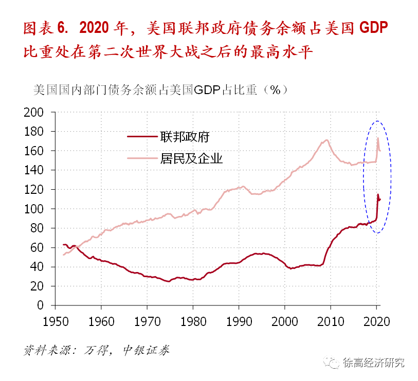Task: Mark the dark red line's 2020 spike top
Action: [378, 194]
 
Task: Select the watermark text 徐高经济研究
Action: [374, 362]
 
